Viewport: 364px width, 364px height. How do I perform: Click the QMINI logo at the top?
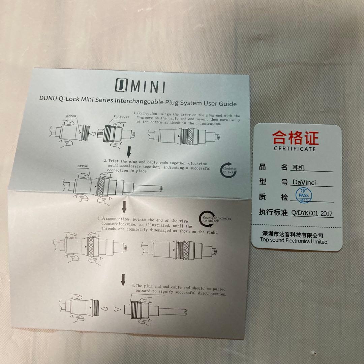(140, 86)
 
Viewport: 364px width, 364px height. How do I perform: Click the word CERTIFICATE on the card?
(295, 149)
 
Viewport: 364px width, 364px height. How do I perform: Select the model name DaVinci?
(304, 182)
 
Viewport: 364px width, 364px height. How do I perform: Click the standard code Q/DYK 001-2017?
(312, 213)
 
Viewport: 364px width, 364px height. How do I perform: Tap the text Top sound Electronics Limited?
(293, 241)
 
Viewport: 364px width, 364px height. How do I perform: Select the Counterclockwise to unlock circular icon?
(206, 219)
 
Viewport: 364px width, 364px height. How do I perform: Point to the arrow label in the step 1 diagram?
(71, 116)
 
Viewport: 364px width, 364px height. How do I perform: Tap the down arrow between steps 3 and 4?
(123, 279)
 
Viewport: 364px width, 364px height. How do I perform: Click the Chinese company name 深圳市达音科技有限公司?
(293, 235)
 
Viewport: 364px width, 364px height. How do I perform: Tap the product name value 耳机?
(298, 168)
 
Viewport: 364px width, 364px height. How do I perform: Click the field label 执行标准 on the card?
(273, 212)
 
